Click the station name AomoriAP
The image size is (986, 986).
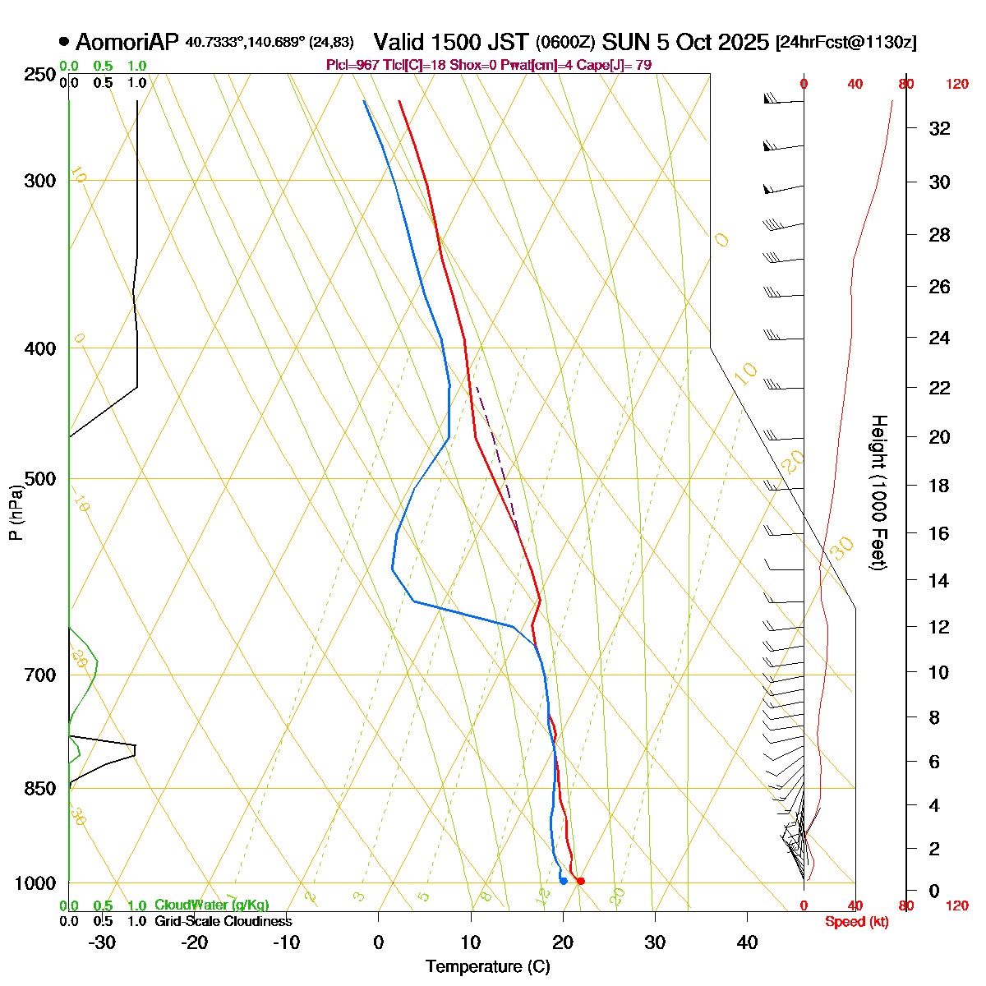pos(127,43)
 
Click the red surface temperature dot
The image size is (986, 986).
pos(581,881)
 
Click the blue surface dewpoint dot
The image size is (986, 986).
pos(564,881)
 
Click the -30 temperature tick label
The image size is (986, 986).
pos(102,942)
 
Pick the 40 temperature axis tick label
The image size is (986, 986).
pos(747,942)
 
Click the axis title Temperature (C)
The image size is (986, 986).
pos(487,967)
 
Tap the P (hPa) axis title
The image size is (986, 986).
pos(15,513)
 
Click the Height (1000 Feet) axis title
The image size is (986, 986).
pos(878,492)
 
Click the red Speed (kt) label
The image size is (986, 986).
pos(857,922)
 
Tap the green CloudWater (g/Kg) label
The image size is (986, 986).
pos(211,905)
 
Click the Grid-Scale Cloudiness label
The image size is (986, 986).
pos(223,921)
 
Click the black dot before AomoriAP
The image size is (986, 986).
pos(64,41)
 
